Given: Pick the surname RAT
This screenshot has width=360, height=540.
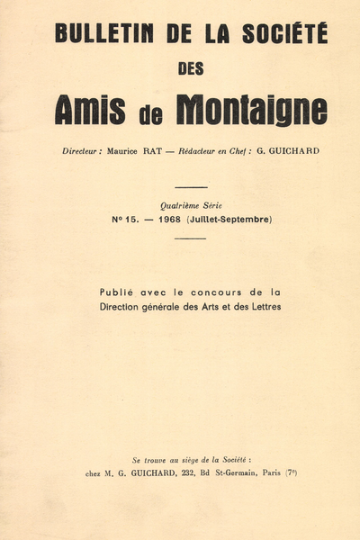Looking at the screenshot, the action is tap(164, 151).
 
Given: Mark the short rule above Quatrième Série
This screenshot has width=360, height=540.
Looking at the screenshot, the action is tap(190, 188).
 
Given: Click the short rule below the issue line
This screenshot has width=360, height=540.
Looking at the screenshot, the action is tap(190, 238).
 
